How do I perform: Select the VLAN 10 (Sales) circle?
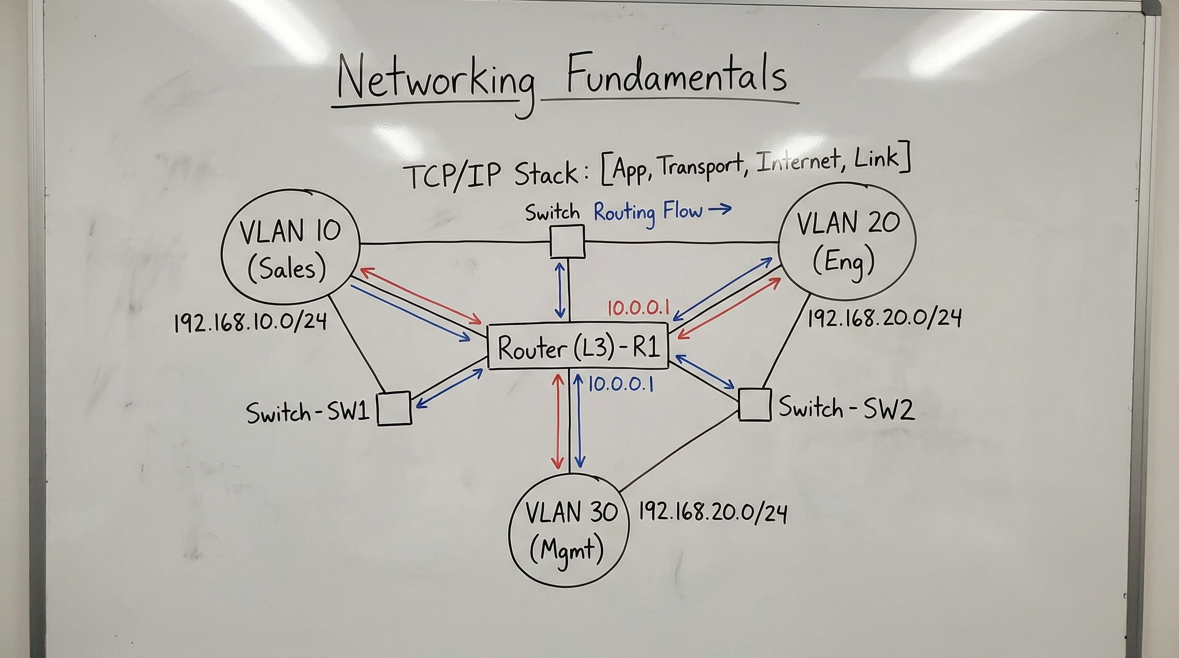(x=290, y=248)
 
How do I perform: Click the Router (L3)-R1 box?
(x=578, y=347)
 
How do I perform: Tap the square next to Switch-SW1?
(x=394, y=409)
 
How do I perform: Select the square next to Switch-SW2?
(x=755, y=405)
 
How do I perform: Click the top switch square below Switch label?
(x=567, y=241)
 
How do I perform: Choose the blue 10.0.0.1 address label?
(x=620, y=384)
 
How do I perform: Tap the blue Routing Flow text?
(x=648, y=212)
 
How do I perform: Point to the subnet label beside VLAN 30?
(x=712, y=512)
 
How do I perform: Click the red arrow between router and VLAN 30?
(x=557, y=421)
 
